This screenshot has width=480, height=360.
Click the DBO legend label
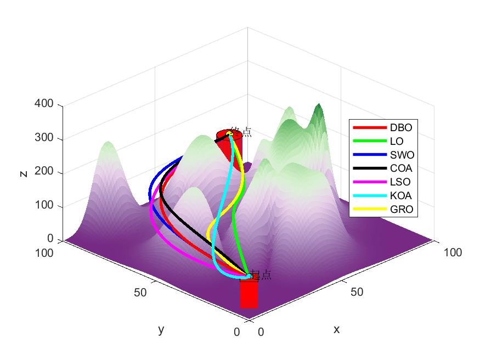(400, 128)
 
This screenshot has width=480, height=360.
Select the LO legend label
(397, 142)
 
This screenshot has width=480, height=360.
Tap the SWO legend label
(402, 155)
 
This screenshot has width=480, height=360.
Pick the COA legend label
(401, 168)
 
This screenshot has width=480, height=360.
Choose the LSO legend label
(400, 182)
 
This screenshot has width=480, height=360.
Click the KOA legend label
(401, 195)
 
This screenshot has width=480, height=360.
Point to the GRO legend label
(402, 209)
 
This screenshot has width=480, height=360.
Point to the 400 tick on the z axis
(46, 104)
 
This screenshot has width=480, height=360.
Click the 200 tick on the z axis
(46, 172)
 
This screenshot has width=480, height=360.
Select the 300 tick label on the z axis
(46, 138)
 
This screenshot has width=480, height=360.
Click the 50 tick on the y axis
(140, 292)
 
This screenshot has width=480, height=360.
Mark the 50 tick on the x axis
(357, 292)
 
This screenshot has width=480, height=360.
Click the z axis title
(23, 173)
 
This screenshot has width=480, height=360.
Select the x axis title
(336, 329)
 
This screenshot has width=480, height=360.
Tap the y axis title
(161, 329)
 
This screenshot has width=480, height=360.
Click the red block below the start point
(249, 294)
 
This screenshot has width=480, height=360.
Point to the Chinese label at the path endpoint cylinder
(241, 132)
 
